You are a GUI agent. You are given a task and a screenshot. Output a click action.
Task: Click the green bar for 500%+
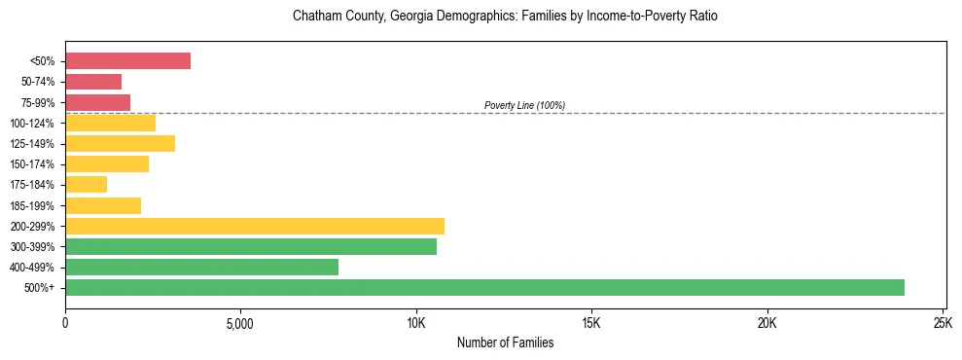click(484, 287)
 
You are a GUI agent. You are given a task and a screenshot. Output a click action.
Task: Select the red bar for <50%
click(127, 60)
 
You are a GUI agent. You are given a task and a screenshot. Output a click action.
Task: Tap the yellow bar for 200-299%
click(255, 226)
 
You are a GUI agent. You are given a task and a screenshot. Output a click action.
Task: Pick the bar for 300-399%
click(251, 246)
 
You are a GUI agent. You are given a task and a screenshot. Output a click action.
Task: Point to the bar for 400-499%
click(201, 267)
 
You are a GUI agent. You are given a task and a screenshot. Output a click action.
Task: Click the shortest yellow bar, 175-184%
click(86, 184)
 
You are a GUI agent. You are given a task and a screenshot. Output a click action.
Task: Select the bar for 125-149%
click(120, 143)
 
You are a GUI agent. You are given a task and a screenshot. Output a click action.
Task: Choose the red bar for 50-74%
click(93, 81)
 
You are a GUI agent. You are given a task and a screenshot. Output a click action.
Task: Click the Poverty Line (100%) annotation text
click(524, 105)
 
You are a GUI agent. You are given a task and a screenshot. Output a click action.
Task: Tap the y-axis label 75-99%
click(38, 102)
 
